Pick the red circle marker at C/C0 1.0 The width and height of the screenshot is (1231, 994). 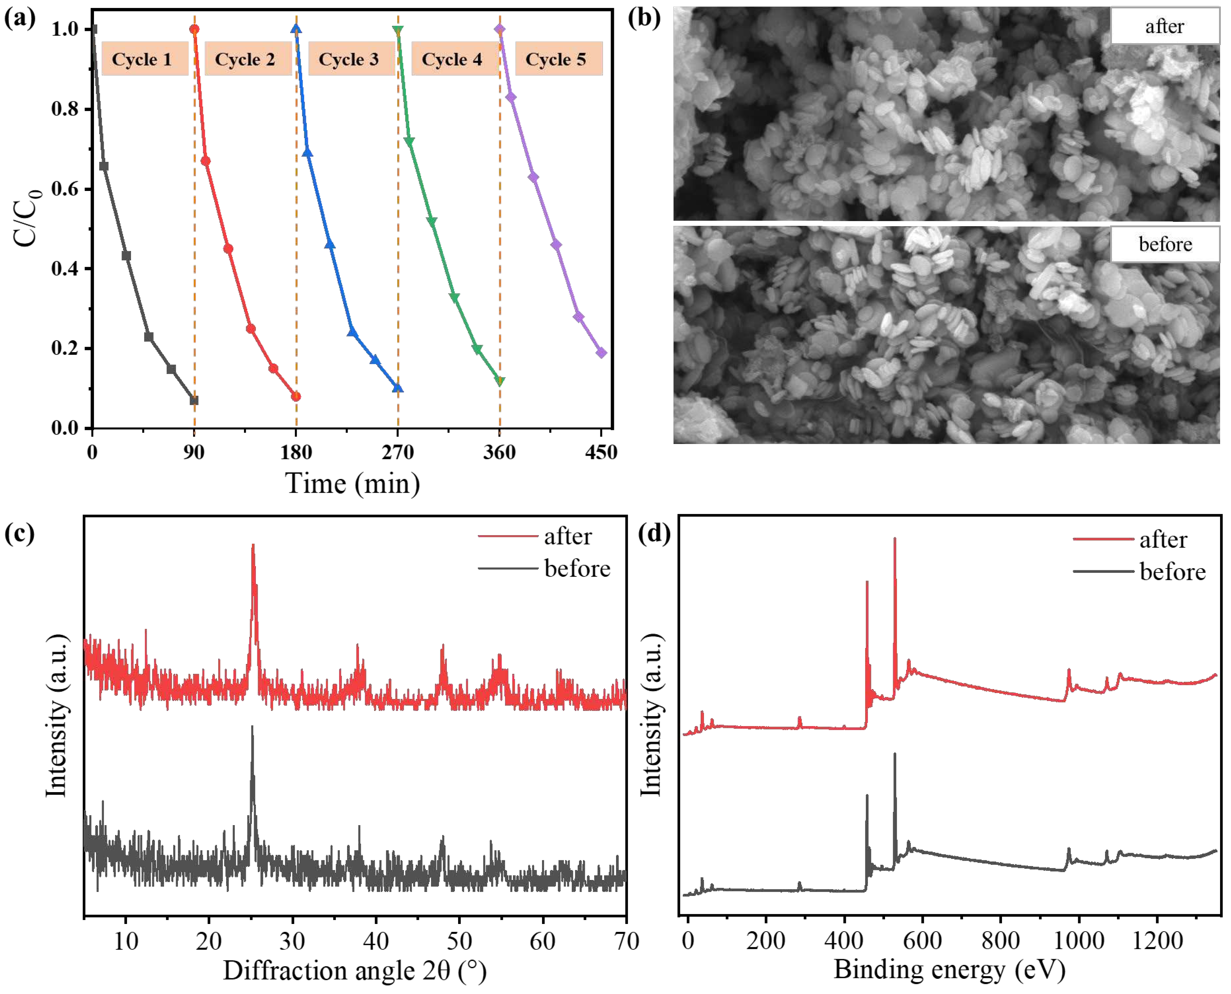[194, 29]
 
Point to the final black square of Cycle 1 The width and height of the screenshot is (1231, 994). [194, 400]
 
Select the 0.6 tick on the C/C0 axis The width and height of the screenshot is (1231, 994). [65, 189]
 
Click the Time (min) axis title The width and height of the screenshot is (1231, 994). [353, 484]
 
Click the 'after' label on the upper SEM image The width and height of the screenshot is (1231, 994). [1165, 27]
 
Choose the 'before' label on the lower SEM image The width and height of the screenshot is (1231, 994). [1165, 244]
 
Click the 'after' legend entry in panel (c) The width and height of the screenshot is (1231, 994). [567, 537]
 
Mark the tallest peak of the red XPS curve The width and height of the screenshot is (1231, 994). [894, 539]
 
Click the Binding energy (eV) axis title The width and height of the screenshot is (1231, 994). [949, 969]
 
